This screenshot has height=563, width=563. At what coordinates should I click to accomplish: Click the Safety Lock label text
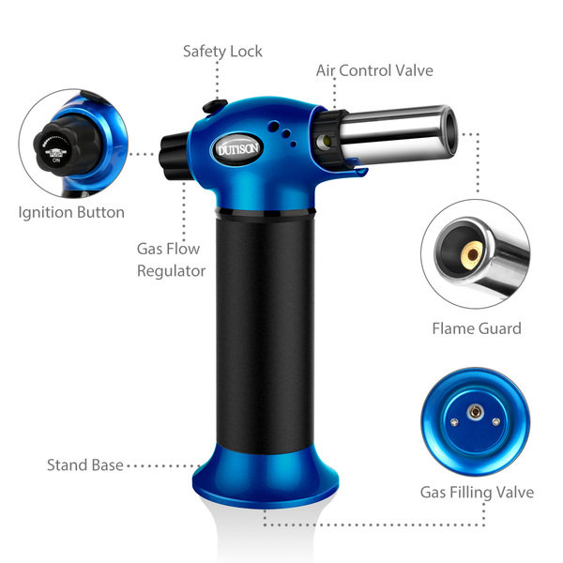222,52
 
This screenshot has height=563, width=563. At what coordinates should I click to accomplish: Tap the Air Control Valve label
374,70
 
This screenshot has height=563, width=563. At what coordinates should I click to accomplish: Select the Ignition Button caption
71,212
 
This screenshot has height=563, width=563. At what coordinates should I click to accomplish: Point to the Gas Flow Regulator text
172,260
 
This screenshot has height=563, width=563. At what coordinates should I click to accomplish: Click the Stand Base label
85,465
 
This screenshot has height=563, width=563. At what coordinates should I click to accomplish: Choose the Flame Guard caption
477,328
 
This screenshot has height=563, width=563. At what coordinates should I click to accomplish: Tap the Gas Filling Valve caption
477,493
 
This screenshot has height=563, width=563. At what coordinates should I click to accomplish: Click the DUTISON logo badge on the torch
237,148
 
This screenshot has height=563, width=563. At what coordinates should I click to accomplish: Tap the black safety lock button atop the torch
215,106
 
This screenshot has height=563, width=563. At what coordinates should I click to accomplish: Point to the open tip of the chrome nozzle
449,133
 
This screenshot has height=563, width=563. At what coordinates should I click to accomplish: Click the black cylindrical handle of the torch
265,330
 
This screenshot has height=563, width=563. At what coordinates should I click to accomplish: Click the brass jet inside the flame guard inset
472,254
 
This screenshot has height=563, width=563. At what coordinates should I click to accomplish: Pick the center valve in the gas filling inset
476,412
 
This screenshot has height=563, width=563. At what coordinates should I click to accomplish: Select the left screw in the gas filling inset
454,422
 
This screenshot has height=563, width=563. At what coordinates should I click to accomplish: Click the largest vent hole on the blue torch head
274,126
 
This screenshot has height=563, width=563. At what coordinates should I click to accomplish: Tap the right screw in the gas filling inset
495,421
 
